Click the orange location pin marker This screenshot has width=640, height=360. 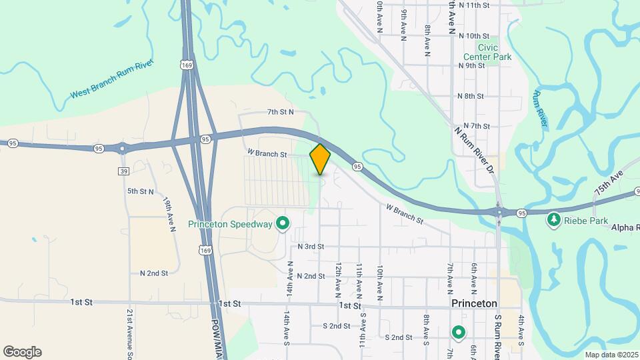(x=320, y=159)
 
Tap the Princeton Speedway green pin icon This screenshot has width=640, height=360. (x=282, y=224)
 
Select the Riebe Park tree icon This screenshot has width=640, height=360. (x=553, y=219)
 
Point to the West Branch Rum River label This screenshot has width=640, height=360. (x=112, y=79)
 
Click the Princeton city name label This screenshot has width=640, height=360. (x=474, y=303)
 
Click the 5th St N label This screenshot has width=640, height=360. (x=141, y=191)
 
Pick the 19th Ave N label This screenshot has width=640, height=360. (x=169, y=215)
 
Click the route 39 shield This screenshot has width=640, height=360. (x=123, y=171)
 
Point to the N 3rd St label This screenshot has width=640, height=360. (x=311, y=247)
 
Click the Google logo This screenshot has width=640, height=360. (x=22, y=352)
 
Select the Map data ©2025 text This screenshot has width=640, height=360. (x=611, y=355)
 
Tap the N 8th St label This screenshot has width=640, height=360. (x=471, y=96)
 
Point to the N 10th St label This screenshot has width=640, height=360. (x=474, y=36)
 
